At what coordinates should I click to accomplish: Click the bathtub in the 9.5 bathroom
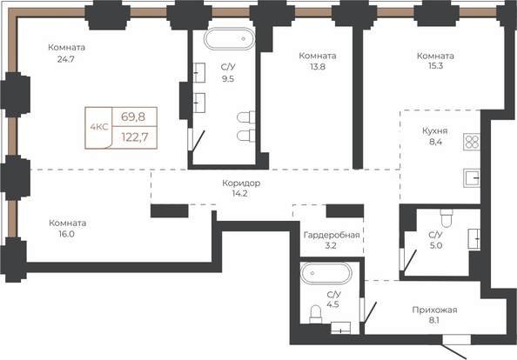point(230,38)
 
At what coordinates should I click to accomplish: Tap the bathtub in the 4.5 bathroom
point(326,273)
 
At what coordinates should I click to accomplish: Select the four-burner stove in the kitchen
point(472,142)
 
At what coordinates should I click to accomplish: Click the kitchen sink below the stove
point(472,178)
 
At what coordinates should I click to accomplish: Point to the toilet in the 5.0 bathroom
point(446,218)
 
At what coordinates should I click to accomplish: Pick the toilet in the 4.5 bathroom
point(316,314)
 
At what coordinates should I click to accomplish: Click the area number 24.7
point(66,60)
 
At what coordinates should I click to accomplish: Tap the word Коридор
point(241,183)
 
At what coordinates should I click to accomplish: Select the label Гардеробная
point(332,235)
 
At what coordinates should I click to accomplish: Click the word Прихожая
point(434,310)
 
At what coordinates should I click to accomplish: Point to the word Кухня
point(435,131)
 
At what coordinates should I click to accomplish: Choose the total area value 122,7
point(135,137)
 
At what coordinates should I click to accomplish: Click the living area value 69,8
point(133,117)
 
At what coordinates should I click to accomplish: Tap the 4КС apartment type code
point(99,127)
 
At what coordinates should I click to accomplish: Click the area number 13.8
point(318,67)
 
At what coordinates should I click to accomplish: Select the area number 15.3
point(435,66)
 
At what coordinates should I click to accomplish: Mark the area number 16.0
point(67,234)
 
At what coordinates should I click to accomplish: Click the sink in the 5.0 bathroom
point(474,238)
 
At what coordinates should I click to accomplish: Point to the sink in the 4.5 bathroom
point(340,328)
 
